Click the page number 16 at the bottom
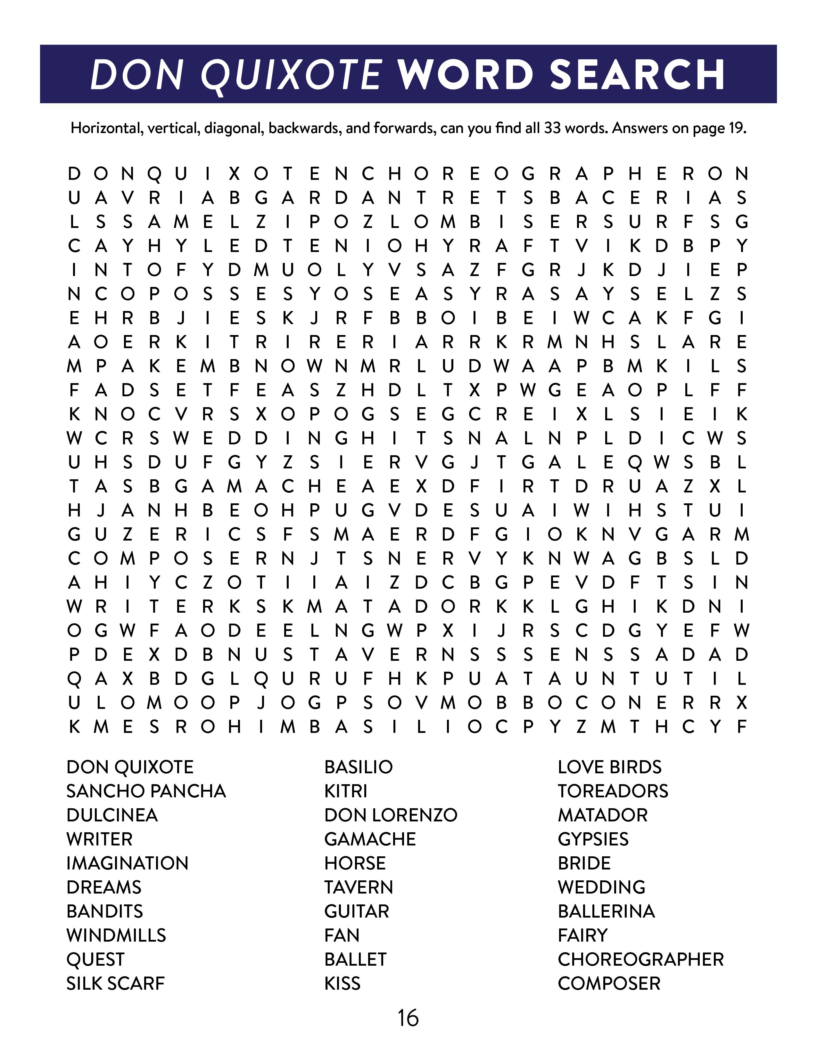(408, 1018)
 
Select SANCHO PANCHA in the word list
(146, 791)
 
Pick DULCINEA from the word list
(112, 815)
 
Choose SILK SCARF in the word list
(116, 983)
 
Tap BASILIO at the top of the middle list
(359, 767)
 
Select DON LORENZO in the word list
(391, 815)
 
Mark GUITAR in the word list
(357, 911)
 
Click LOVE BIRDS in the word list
(609, 767)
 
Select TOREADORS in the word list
(613, 791)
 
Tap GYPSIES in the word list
(593, 839)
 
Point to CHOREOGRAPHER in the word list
(640, 959)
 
